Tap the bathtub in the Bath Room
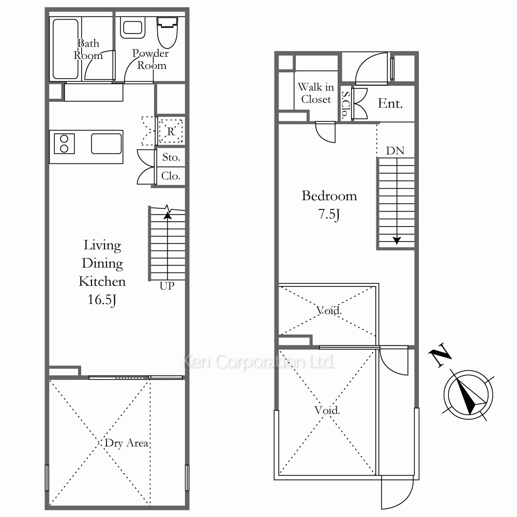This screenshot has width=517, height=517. pos(66,49)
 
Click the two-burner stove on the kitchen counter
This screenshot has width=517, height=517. pos(64,144)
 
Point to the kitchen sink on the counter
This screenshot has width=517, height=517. pos(106,143)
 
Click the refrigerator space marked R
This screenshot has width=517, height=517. pos(171,131)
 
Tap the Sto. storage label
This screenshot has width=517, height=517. pos(171,157)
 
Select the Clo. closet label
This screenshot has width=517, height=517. pos(171,176)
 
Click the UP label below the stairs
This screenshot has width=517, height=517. pos(167,286)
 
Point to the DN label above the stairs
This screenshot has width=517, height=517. pos(395,150)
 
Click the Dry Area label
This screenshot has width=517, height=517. pos(126,443)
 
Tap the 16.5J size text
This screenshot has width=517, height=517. pos(102,300)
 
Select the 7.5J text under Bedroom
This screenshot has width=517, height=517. pos(329,215)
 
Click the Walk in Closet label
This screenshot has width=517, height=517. pos(316,93)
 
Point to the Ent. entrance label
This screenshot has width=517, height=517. pos(390,103)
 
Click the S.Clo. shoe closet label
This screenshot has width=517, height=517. pos(345,105)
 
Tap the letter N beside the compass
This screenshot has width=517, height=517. pos(440,355)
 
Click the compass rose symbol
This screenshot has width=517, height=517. pos(468,395)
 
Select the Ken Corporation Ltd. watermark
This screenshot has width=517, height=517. pos(258,361)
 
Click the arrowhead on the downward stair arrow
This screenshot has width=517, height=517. pos(397,240)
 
